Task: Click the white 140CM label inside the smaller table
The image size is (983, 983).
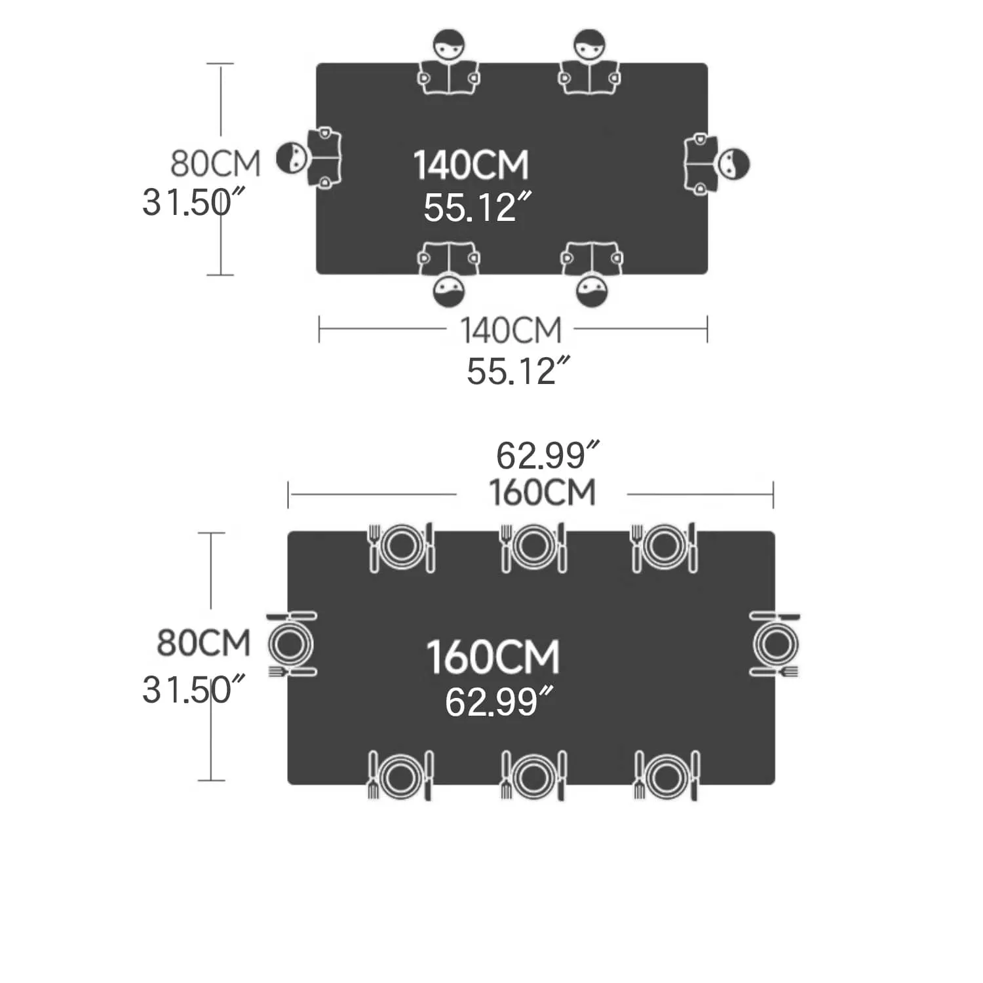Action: pyautogui.click(x=471, y=164)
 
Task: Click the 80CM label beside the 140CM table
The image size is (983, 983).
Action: pyautogui.click(x=216, y=163)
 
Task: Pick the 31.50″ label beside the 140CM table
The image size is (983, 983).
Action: pyautogui.click(x=195, y=202)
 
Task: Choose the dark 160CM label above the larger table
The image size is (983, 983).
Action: pyautogui.click(x=543, y=493)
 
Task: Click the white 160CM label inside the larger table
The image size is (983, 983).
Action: pyautogui.click(x=493, y=657)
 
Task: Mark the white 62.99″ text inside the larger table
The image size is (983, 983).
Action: pyautogui.click(x=499, y=701)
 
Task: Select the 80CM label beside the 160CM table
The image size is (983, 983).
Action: pyautogui.click(x=204, y=643)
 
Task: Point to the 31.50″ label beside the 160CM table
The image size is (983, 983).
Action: pyautogui.click(x=195, y=689)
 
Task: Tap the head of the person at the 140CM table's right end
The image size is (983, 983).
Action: pyautogui.click(x=734, y=164)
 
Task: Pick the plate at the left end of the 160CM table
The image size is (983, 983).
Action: pyautogui.click(x=291, y=644)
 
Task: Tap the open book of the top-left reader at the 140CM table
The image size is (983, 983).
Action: pyautogui.click(x=449, y=77)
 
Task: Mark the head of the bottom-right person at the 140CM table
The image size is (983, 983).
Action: pyautogui.click(x=592, y=291)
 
